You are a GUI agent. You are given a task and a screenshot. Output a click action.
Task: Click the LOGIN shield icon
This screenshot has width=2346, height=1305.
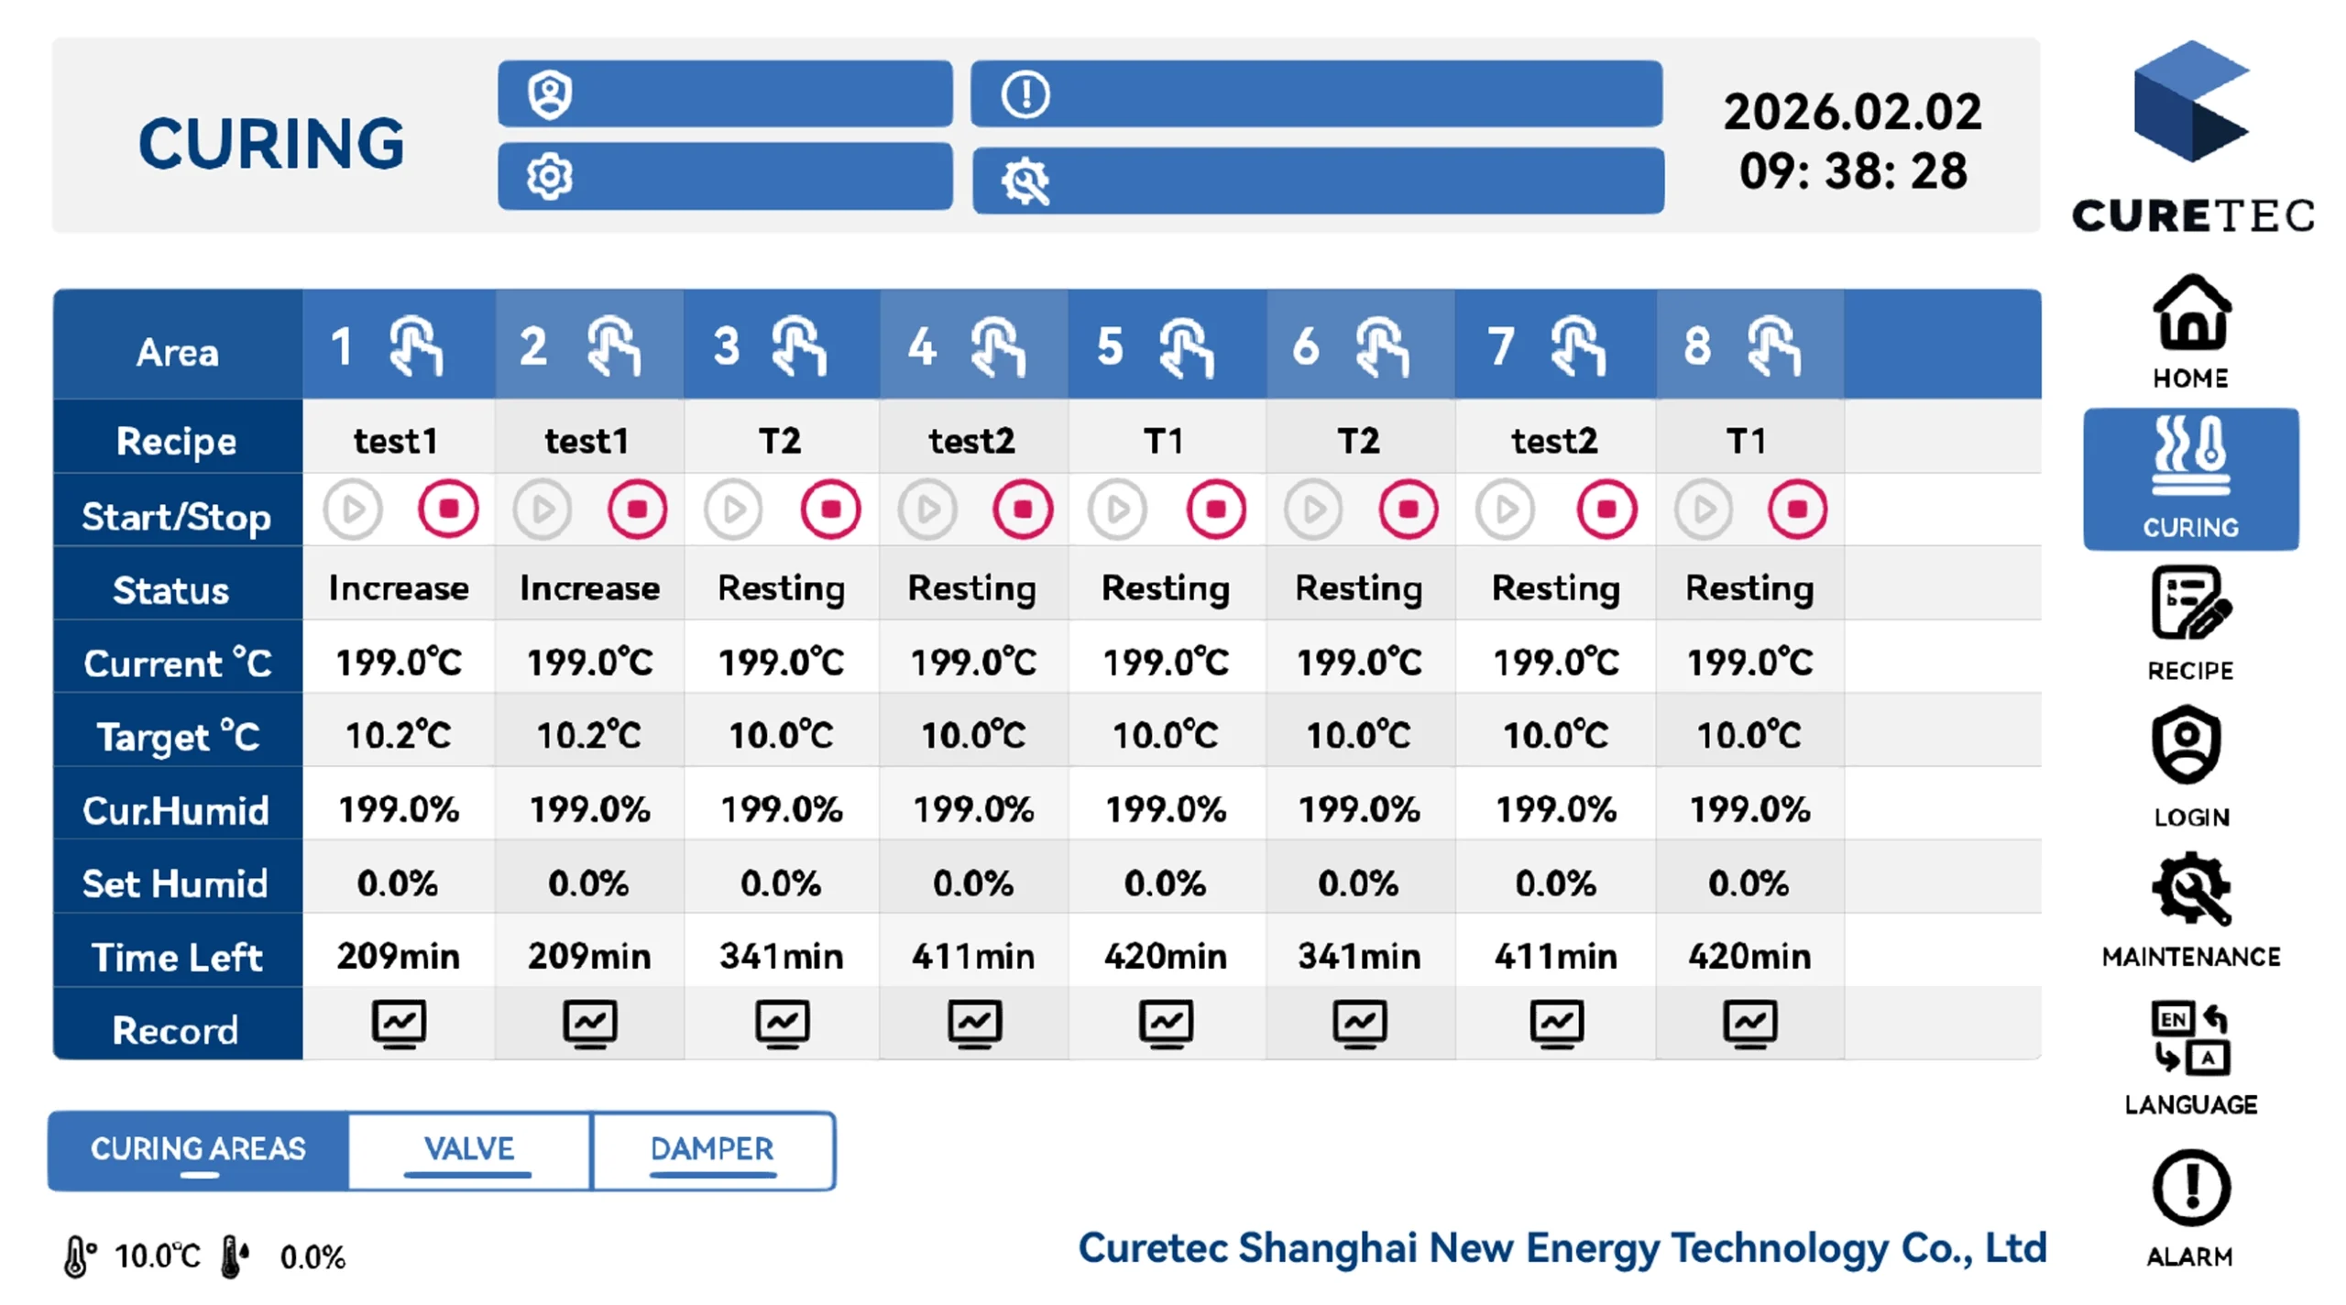(2187, 744)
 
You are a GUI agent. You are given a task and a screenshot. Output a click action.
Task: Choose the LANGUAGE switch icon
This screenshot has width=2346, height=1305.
(2190, 1037)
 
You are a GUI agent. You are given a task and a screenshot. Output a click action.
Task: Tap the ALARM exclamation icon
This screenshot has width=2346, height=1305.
(2191, 1189)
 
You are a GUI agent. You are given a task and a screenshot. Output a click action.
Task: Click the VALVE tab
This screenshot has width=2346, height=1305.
(469, 1150)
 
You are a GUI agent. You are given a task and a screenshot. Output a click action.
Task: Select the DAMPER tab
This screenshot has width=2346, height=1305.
(713, 1150)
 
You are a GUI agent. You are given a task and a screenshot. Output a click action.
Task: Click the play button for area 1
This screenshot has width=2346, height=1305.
(353, 509)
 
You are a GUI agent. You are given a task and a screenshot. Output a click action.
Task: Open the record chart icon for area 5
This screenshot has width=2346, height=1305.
(1167, 1024)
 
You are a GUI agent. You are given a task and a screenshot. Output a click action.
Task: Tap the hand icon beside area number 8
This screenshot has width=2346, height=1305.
(1774, 346)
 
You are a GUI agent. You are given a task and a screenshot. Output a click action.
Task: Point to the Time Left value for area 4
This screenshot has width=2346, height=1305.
(973, 957)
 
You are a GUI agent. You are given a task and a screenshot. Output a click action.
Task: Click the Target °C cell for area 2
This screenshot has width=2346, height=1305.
(589, 735)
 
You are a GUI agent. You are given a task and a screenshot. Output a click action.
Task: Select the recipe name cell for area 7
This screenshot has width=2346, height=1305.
(1555, 442)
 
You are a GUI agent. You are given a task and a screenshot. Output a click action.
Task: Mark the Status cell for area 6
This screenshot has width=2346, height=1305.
(1359, 588)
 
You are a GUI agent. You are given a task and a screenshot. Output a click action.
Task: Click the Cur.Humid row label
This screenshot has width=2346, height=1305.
(176, 811)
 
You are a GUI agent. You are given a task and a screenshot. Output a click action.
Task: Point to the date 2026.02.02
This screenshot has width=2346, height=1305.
(1853, 112)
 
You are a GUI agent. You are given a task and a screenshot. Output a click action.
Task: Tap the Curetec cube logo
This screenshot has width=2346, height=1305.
(2191, 101)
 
